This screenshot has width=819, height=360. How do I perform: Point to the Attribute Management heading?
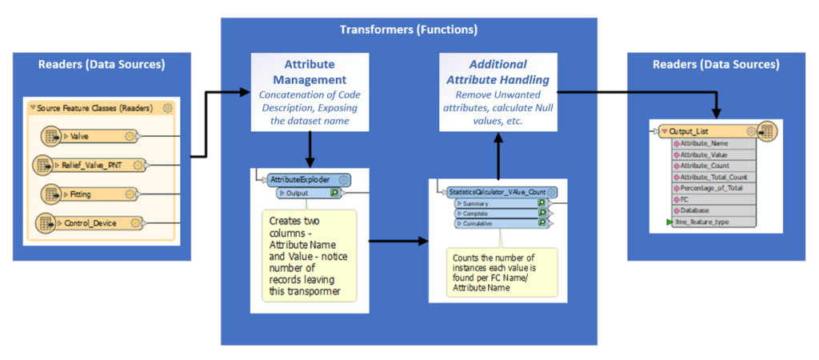(x=310, y=72)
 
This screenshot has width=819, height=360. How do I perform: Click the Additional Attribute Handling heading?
(x=497, y=72)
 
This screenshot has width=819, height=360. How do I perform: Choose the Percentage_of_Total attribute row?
(x=712, y=187)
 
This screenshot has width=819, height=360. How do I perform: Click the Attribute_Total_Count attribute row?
(x=712, y=176)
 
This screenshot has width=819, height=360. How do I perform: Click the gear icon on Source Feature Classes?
(x=168, y=107)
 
